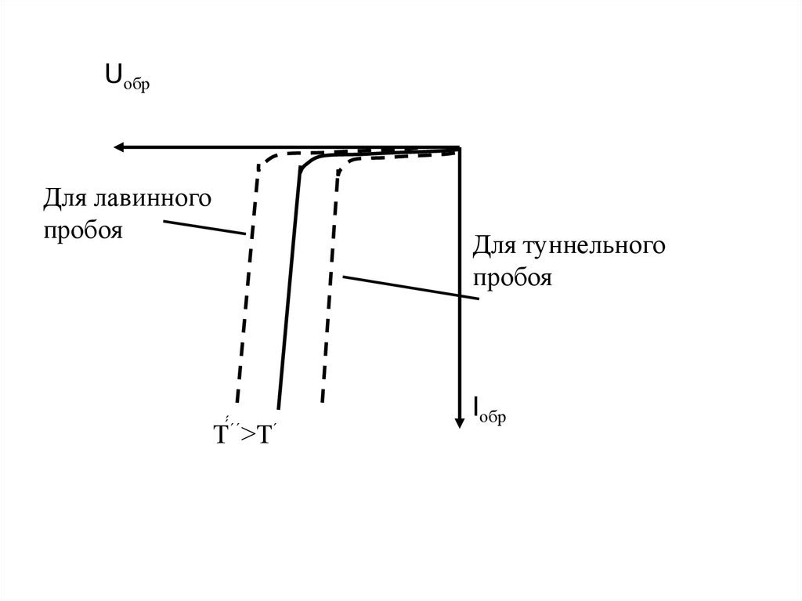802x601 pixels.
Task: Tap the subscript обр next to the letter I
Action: tap(493, 417)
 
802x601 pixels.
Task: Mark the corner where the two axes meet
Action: tap(460, 147)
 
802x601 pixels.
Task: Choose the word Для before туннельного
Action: tap(493, 247)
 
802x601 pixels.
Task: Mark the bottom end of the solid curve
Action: tap(278, 401)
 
